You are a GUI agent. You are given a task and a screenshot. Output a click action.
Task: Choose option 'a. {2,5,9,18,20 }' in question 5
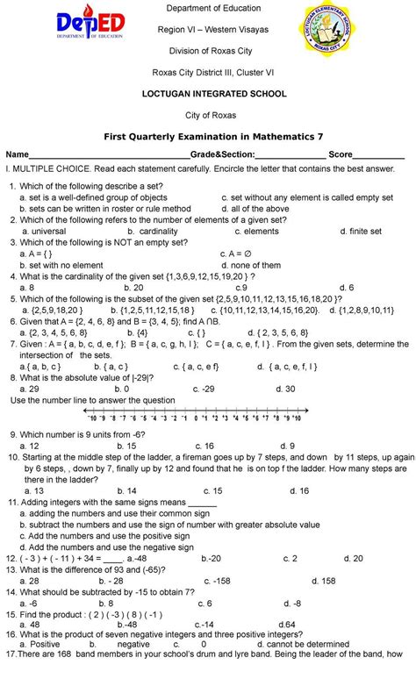pyautogui.click(x=56, y=310)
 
